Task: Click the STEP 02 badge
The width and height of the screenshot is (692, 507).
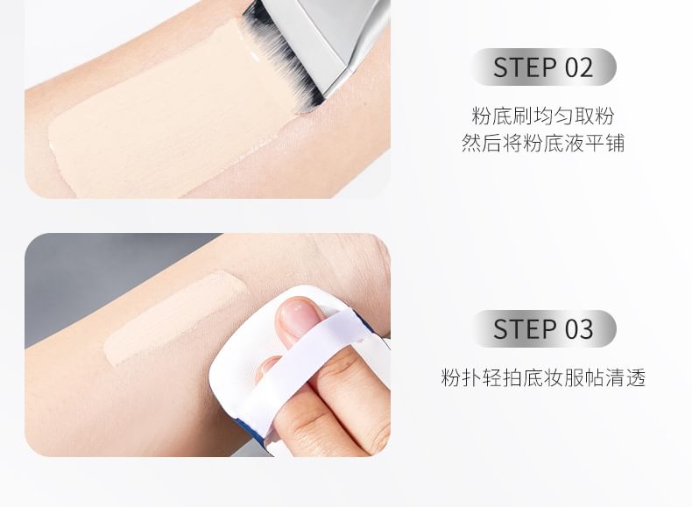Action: (544, 67)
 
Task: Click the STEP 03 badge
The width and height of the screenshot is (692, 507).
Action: (544, 328)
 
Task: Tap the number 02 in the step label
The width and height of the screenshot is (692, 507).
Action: (579, 67)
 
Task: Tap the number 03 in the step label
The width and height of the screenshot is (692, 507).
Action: (579, 329)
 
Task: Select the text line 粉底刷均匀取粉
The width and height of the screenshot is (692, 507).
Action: (543, 116)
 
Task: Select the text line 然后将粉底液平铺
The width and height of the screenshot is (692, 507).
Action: (543, 143)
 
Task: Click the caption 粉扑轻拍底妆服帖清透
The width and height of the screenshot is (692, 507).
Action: (543, 377)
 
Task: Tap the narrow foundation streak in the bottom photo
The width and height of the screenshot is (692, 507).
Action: (174, 318)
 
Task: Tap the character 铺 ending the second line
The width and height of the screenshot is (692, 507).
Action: (615, 143)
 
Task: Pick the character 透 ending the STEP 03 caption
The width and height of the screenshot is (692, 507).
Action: (636, 377)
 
